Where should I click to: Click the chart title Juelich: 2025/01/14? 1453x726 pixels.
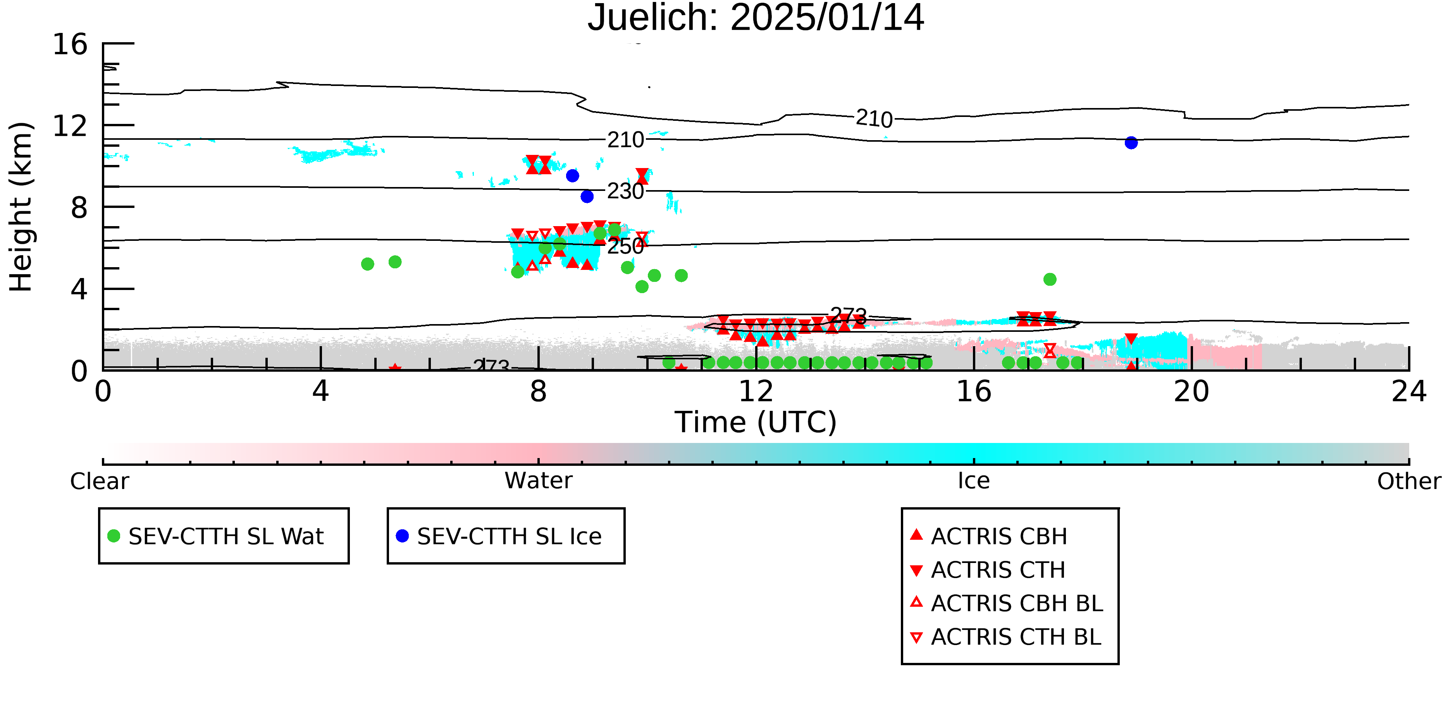[x=756, y=18]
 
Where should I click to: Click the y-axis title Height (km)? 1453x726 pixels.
[x=21, y=207]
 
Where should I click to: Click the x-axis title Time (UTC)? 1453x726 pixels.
[x=756, y=422]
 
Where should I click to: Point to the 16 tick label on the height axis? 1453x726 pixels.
[x=70, y=44]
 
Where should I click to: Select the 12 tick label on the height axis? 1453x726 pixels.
[x=70, y=126]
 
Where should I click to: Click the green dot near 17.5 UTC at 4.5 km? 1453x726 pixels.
[x=1050, y=280]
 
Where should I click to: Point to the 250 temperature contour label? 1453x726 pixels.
[x=625, y=246]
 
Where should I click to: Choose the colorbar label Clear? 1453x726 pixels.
[x=99, y=481]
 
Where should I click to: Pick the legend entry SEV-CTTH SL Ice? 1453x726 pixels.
[x=499, y=536]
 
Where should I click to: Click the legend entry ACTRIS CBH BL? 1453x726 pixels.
[x=1007, y=603]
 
